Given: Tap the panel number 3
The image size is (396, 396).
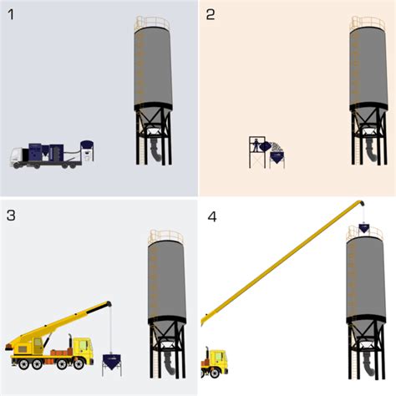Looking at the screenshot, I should tap(11, 215).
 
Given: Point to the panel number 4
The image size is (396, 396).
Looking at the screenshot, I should tap(212, 216).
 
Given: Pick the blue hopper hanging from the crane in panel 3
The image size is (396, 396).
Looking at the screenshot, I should tap(110, 361).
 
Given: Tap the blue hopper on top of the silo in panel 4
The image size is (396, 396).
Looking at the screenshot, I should tap(366, 227).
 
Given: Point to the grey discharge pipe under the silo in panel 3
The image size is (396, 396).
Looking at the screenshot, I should tap(167, 361).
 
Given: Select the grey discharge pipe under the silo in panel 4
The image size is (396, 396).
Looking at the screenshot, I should tap(367, 360).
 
